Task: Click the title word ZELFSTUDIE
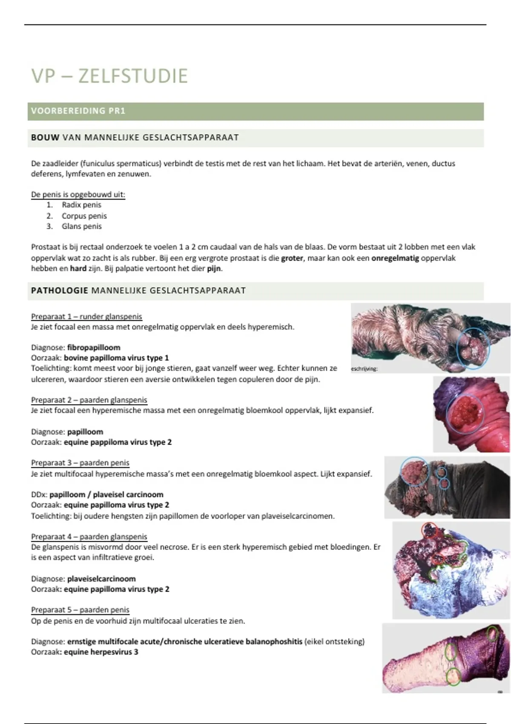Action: [133, 76]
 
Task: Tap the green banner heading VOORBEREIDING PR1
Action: [78, 111]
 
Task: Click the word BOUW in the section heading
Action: [45, 138]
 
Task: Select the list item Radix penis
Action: [81, 205]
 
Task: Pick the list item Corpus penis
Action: [84, 216]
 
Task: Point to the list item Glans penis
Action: [81, 226]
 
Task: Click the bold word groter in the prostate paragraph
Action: [292, 258]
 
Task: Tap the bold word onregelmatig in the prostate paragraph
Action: [395, 258]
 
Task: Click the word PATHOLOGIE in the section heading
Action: [59, 290]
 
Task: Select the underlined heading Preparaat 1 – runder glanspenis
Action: [86, 316]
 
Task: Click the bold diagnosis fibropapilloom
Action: [94, 348]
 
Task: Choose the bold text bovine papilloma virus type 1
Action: [116, 358]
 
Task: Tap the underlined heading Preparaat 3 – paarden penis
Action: [80, 463]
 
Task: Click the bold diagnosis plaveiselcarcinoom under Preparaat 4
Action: [101, 579]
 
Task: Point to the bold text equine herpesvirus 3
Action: [101, 652]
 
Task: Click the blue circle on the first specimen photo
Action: [473, 348]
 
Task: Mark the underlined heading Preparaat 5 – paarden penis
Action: [80, 610]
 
